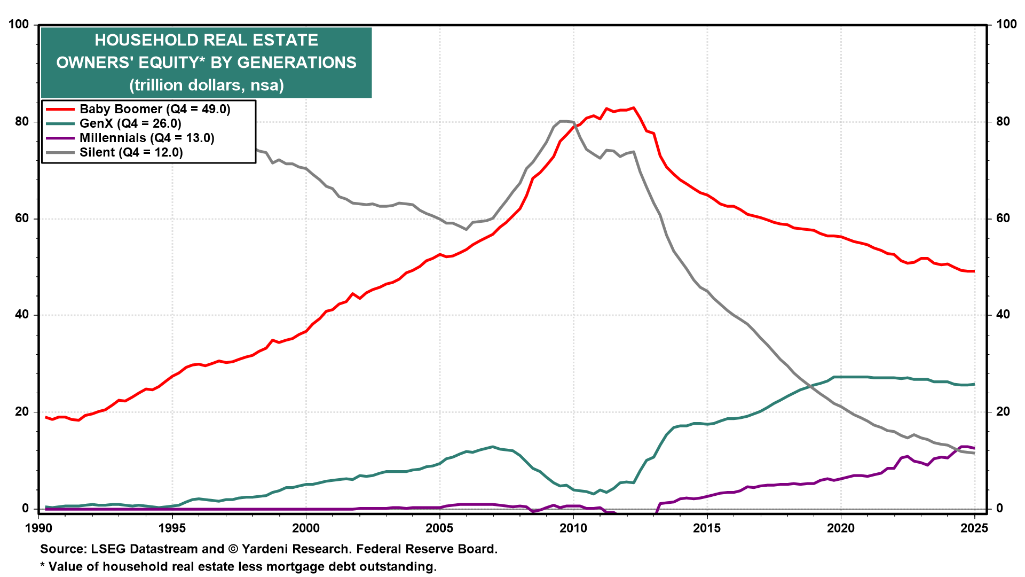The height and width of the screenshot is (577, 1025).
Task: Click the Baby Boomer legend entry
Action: tap(155, 110)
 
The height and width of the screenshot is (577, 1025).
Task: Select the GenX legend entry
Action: tap(130, 124)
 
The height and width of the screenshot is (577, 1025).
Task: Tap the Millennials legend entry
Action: tap(147, 138)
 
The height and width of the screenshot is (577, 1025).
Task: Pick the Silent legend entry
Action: tap(131, 153)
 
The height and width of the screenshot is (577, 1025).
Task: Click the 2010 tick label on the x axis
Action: tap(573, 528)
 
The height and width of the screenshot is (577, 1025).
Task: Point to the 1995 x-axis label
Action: tap(172, 528)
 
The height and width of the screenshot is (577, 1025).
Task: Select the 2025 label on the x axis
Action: tap(974, 528)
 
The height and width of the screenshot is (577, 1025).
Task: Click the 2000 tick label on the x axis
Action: tap(306, 528)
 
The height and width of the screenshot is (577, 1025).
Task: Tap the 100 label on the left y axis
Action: tap(19, 25)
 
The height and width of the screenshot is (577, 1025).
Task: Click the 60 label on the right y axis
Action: tap(1003, 218)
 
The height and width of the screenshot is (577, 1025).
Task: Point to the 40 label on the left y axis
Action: tap(22, 315)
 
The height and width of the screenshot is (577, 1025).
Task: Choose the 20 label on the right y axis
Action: tap(1003, 411)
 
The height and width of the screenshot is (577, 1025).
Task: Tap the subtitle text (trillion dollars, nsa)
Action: tap(207, 85)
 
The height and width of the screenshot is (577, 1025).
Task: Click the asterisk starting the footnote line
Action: tap(43, 566)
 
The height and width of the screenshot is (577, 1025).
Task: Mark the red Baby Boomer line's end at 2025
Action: tap(974, 271)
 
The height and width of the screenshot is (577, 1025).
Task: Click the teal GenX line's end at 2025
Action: tap(974, 384)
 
